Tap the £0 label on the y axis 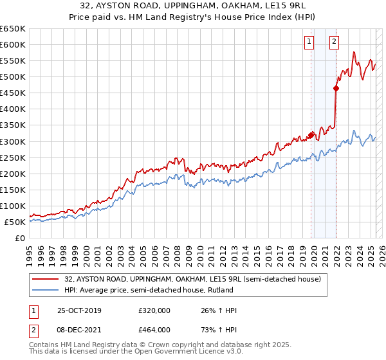tap(20, 238)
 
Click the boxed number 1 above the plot tap(309, 42)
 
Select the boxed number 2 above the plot tap(335, 42)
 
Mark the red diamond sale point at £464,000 tap(336, 88)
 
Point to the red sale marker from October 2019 tap(311, 135)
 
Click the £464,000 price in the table tap(154, 329)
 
